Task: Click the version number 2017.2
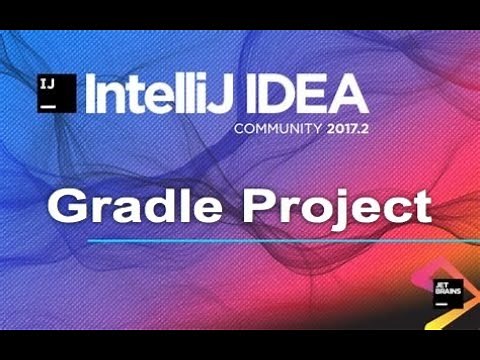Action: click(343, 130)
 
